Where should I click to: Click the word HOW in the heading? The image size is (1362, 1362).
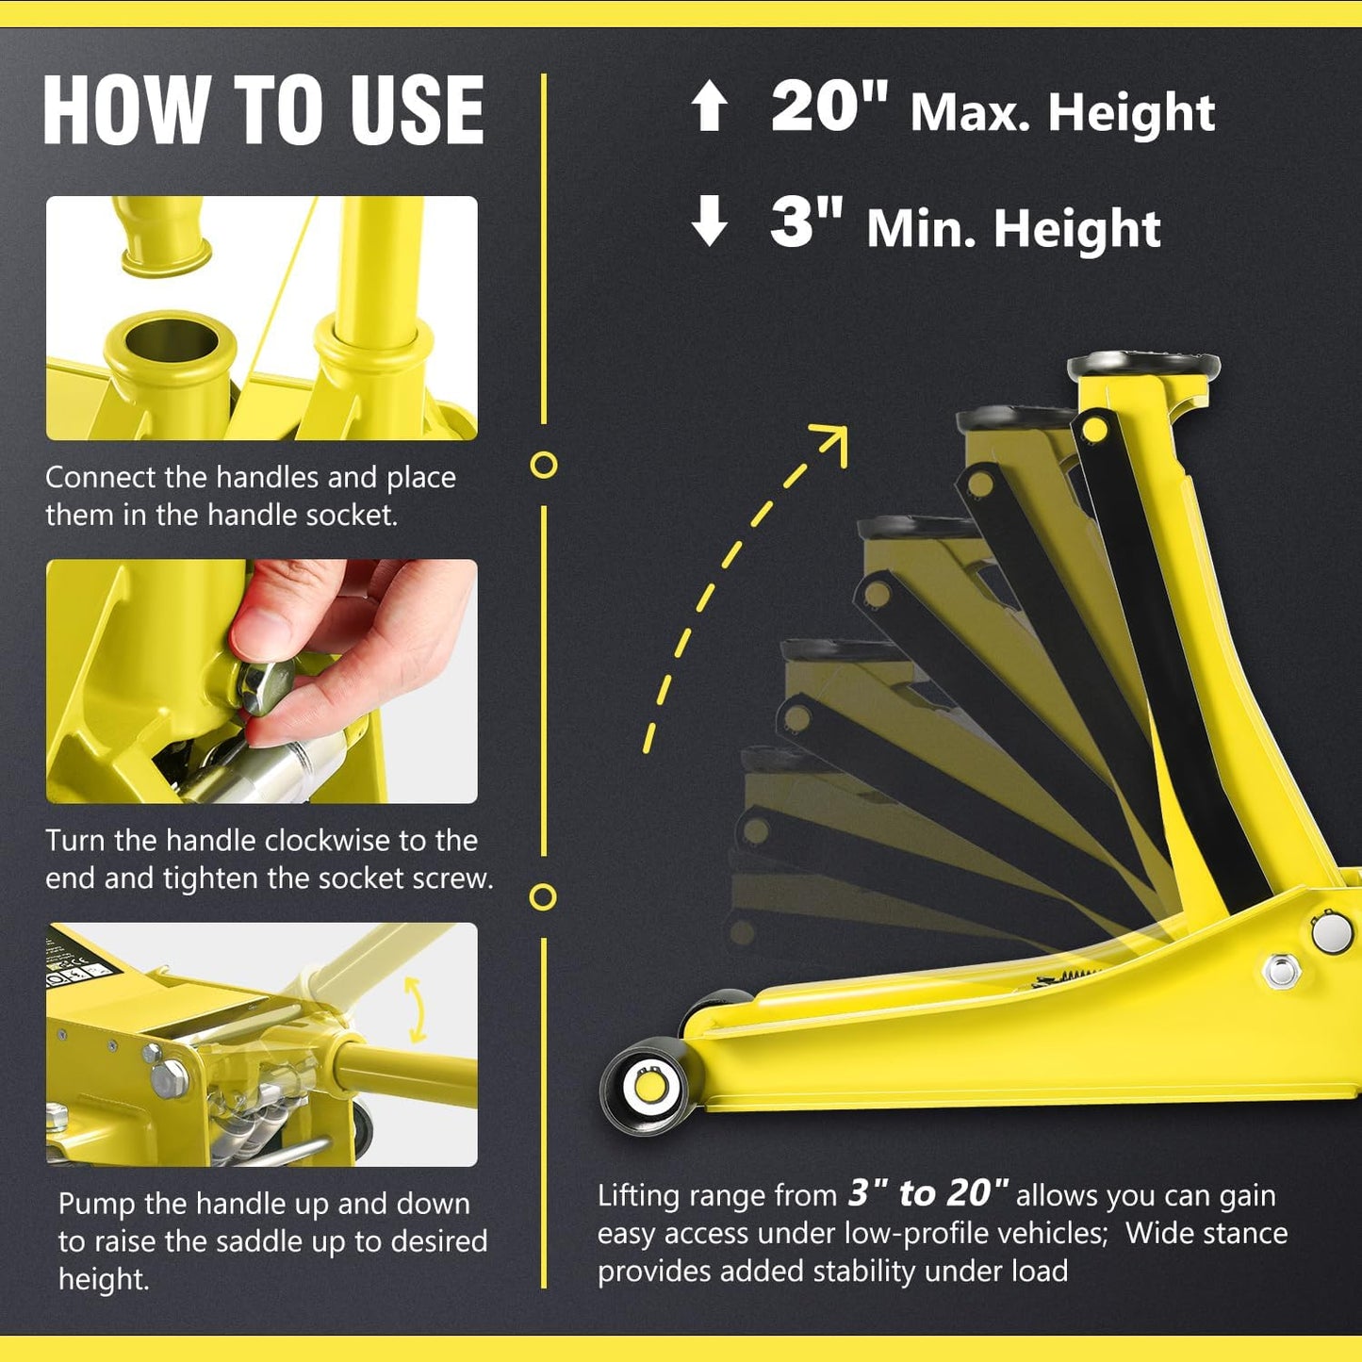[x=126, y=110]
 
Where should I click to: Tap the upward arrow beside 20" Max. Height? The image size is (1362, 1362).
[x=709, y=106]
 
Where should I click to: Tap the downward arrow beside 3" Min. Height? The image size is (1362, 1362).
[x=709, y=222]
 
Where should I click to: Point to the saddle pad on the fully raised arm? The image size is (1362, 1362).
[x=1142, y=365]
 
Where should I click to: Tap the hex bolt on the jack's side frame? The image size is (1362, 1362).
[x=1281, y=970]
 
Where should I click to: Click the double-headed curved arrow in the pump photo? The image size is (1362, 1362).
[x=415, y=1009]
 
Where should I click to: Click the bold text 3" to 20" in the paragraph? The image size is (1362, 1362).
[x=927, y=1193]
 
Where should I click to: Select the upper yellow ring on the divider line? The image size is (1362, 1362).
[x=544, y=465]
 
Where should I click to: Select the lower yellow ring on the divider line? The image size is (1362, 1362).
[x=543, y=896]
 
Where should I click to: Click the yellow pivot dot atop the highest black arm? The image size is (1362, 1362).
[x=1094, y=431]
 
